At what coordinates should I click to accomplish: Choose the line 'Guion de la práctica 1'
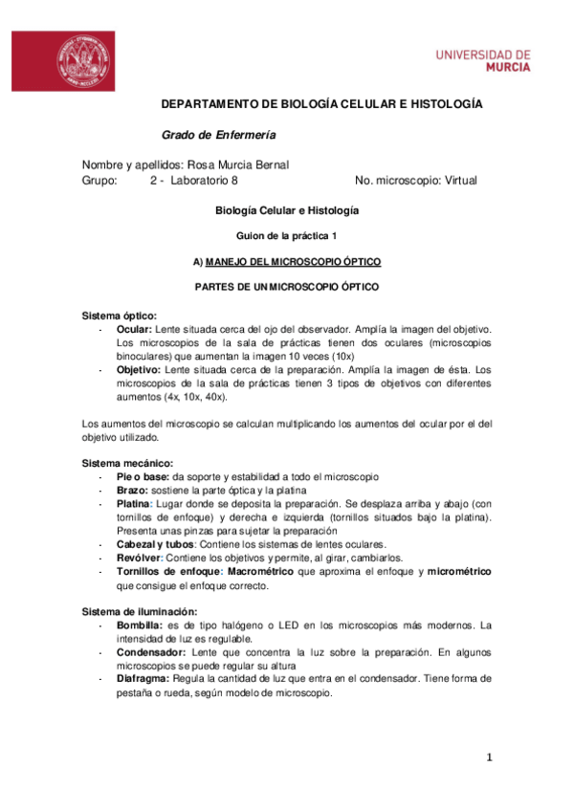[x=286, y=234]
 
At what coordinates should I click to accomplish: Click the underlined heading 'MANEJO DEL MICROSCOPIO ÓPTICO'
[x=294, y=261]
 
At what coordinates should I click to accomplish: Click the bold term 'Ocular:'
[x=135, y=329]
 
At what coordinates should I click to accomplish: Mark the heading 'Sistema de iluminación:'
[x=141, y=611]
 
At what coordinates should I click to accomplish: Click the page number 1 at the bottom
[x=488, y=758]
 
